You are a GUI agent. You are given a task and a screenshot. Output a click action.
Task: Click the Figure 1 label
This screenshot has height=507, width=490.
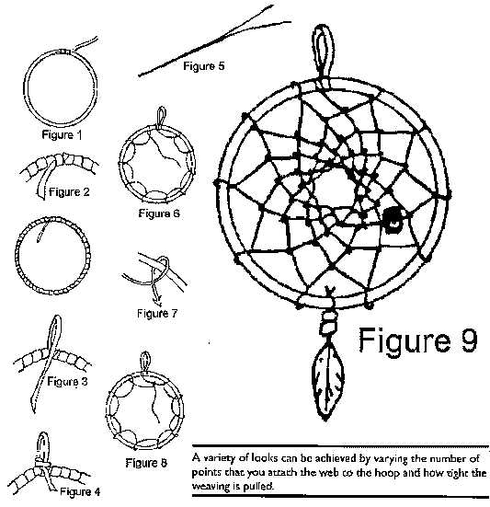[62, 134]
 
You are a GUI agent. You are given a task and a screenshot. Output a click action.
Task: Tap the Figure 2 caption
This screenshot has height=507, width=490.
[69, 192]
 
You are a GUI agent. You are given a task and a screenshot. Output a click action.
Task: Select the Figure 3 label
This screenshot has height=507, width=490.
[67, 382]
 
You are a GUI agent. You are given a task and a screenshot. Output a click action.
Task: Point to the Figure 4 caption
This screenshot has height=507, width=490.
[80, 491]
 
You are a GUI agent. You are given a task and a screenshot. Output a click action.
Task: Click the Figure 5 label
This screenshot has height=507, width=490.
[204, 66]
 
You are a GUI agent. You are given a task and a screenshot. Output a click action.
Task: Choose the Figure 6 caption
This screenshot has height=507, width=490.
[159, 213]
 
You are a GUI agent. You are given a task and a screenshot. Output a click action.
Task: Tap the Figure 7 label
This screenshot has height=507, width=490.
[157, 314]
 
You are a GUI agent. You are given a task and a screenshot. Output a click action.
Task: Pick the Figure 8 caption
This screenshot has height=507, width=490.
[146, 463]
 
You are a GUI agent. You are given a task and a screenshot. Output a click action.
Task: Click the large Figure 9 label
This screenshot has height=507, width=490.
[418, 340]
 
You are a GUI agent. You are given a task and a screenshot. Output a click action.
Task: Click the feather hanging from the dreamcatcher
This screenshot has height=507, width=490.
[328, 382]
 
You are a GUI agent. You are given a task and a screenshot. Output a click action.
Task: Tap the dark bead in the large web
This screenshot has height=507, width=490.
[393, 220]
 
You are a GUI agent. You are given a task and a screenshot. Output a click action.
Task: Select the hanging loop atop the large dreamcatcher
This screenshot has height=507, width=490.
[323, 55]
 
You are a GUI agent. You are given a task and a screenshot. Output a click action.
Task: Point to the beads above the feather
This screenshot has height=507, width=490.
[328, 322]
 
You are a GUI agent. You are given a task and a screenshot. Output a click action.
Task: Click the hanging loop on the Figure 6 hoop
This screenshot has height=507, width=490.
[161, 118]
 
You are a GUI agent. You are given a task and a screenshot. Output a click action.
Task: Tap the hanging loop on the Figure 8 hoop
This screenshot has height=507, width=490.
[145, 363]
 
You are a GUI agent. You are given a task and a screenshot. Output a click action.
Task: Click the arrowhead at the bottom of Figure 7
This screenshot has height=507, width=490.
[158, 303]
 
